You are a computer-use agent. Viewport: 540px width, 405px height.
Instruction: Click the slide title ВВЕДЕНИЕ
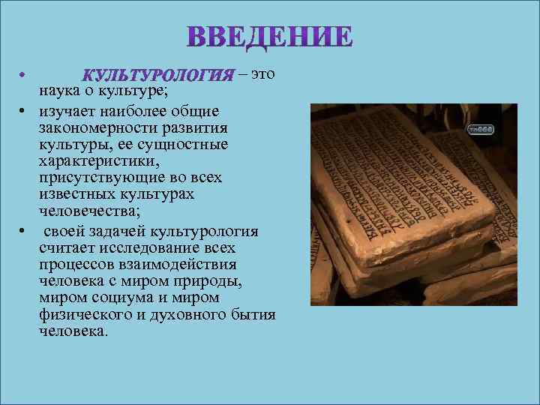click(x=269, y=37)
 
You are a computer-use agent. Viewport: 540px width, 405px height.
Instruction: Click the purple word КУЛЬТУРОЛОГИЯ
click(x=157, y=76)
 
